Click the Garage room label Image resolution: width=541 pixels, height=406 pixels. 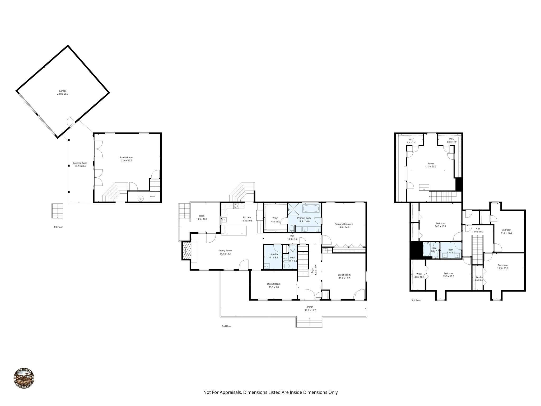63,91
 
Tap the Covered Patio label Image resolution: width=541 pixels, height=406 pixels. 80,163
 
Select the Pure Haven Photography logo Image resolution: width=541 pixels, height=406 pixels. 24,378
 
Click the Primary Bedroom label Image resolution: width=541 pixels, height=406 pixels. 344,224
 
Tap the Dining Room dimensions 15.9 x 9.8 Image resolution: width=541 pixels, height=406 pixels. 274,287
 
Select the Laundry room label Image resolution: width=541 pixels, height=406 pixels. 274,254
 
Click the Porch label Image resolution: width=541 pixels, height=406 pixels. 310,307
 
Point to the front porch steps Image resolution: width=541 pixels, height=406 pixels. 309,322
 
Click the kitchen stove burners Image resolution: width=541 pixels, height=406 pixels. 236,206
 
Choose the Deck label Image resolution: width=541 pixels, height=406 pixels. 202,216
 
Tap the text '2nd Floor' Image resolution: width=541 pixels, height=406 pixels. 226,326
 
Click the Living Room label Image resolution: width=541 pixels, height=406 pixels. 344,275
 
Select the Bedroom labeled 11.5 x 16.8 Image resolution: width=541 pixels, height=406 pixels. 506,230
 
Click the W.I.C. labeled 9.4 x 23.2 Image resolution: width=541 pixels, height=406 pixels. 412,139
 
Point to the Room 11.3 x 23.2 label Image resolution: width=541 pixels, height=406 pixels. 431,164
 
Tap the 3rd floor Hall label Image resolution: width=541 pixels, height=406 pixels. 478,229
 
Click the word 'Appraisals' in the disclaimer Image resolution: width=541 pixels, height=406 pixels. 230,392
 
